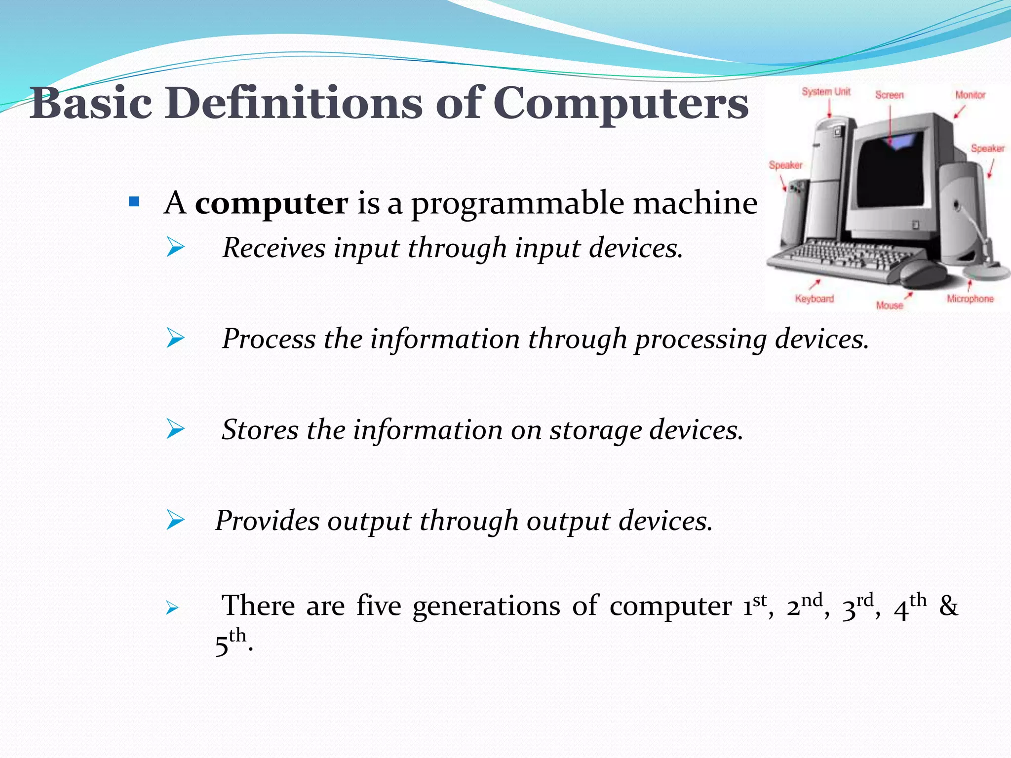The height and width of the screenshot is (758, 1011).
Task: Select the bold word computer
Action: click(272, 203)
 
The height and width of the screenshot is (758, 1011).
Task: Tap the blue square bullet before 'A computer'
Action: click(133, 202)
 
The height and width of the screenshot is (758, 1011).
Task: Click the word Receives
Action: click(273, 247)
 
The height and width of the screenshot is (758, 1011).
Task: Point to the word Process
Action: click(269, 339)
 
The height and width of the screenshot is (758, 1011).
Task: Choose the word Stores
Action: click(260, 429)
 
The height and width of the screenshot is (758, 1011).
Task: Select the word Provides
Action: click(267, 521)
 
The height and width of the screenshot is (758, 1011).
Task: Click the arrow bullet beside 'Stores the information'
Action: click(175, 428)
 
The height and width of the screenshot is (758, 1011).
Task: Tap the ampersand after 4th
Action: click(948, 606)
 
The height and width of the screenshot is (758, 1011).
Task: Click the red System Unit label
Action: click(826, 92)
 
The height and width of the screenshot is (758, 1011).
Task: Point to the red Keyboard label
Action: click(814, 299)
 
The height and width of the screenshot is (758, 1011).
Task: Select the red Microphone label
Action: click(970, 299)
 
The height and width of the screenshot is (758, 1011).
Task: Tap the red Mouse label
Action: click(890, 305)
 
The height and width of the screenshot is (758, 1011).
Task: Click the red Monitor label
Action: click(970, 95)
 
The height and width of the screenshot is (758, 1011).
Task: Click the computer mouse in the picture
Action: click(922, 273)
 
